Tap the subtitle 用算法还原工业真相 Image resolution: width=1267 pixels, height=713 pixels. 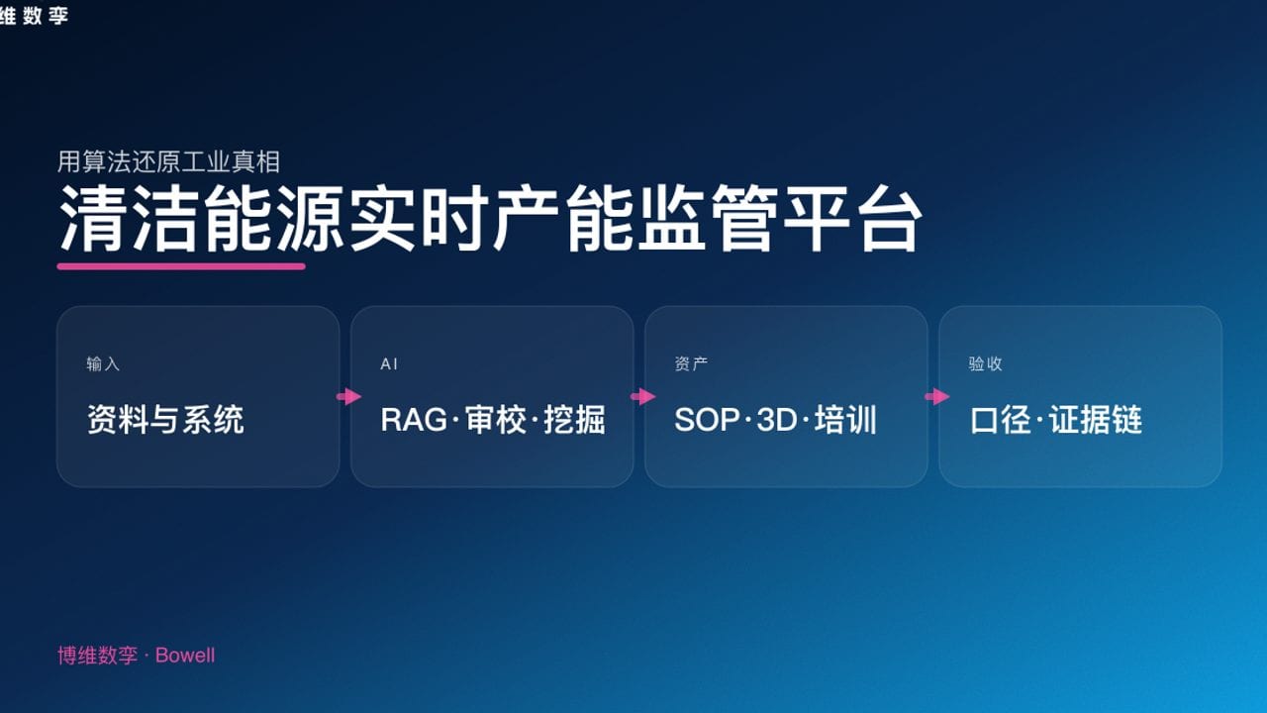(x=168, y=161)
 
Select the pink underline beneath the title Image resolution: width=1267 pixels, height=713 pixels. (x=181, y=265)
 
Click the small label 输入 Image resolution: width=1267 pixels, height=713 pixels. (x=103, y=364)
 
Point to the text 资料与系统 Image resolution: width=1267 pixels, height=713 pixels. (x=165, y=420)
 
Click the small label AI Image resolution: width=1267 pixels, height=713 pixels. (x=389, y=364)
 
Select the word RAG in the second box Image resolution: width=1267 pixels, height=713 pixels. (x=414, y=420)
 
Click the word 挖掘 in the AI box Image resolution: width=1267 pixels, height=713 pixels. (x=574, y=420)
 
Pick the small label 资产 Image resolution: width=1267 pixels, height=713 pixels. (x=691, y=364)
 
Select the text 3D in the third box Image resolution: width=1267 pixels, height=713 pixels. (x=777, y=420)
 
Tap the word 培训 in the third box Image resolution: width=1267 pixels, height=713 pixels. (x=846, y=420)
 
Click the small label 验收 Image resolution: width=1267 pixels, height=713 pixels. (x=985, y=364)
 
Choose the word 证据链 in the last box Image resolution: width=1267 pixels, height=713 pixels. (x=1096, y=420)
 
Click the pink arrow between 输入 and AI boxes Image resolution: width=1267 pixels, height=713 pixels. (x=348, y=397)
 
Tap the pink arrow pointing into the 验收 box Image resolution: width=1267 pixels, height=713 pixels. (x=936, y=397)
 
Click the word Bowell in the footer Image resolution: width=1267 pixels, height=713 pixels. (x=185, y=656)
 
